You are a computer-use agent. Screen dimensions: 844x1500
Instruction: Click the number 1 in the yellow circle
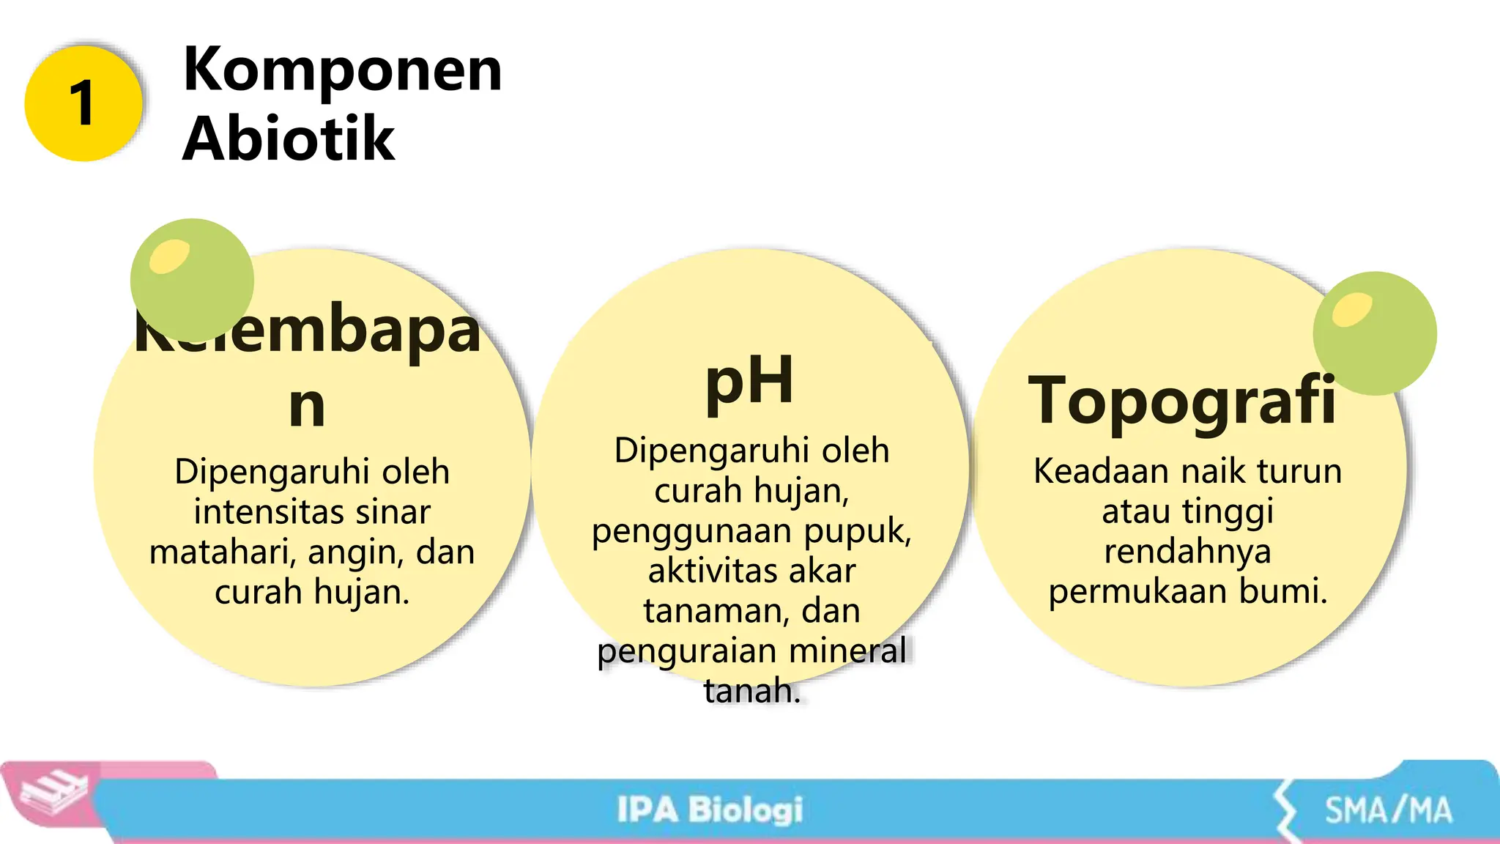pyautogui.click(x=83, y=103)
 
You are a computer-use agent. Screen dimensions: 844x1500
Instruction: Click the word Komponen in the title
pyautogui.click(x=342, y=70)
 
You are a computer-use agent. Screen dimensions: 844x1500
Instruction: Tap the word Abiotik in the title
pyautogui.click(x=289, y=139)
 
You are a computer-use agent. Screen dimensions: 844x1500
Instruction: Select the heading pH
pyautogui.click(x=749, y=381)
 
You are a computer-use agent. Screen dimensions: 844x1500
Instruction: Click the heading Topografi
pyautogui.click(x=1181, y=401)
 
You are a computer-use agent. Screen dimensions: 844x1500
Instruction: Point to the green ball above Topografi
pyautogui.click(x=1374, y=333)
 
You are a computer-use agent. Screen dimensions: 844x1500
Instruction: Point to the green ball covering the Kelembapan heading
pyautogui.click(x=192, y=280)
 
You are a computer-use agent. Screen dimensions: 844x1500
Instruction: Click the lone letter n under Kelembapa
pyautogui.click(x=307, y=407)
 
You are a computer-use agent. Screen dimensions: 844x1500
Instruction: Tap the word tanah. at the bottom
pyautogui.click(x=752, y=691)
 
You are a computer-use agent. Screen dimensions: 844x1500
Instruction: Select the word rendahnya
pyautogui.click(x=1187, y=551)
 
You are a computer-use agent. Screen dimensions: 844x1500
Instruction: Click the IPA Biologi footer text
pyautogui.click(x=710, y=810)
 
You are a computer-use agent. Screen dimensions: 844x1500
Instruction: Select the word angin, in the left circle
pyautogui.click(x=357, y=552)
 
